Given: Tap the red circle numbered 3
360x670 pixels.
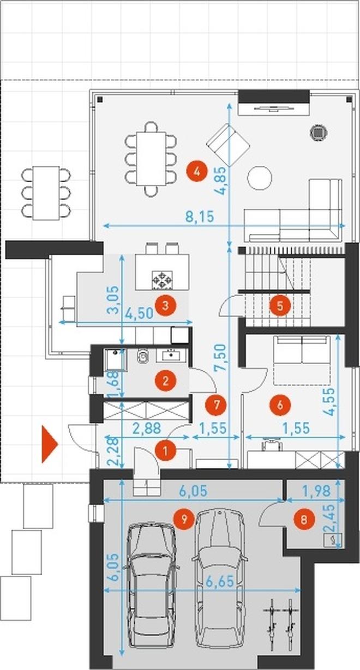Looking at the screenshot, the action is click(165, 305).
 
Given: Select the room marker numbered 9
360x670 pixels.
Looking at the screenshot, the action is click(184, 518).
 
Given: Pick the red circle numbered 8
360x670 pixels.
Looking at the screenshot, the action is click(304, 520).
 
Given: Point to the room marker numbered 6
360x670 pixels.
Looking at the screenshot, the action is click(280, 405).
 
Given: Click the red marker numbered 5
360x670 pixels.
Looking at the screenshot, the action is click(280, 306).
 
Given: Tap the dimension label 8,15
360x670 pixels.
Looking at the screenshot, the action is click(200, 216).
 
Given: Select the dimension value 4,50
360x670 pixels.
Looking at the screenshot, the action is click(139, 314).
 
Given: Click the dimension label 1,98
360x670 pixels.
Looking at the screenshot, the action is click(316, 491).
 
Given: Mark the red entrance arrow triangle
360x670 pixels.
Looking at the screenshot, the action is click(49, 444).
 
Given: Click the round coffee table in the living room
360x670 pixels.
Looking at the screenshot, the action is click(260, 178).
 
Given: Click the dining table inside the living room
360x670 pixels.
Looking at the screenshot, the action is click(151, 159).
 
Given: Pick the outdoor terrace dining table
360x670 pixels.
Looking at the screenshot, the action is click(46, 194).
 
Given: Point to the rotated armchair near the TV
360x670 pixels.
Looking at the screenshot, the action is click(229, 146).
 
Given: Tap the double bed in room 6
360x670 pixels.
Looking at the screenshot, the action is click(302, 360).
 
